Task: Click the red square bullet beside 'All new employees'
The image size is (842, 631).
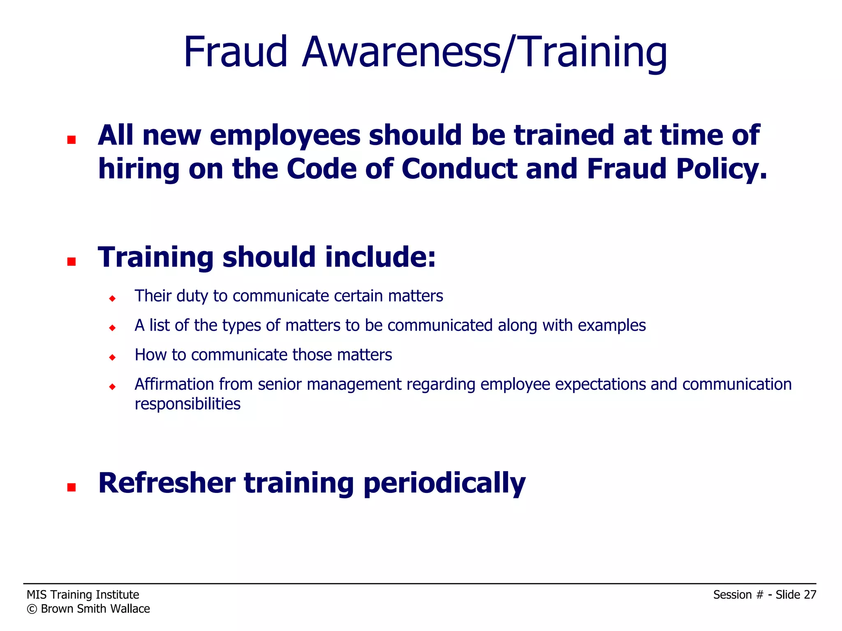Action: [72, 140]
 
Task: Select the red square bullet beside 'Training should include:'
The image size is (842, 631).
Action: [72, 262]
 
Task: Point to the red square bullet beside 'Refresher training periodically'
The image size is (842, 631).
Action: [72, 487]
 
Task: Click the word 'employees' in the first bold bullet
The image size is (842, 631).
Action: [285, 136]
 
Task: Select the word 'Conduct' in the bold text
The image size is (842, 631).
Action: [459, 169]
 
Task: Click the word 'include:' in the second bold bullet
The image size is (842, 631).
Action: [380, 257]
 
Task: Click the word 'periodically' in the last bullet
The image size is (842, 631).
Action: [444, 484]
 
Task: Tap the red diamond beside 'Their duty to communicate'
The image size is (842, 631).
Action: [112, 298]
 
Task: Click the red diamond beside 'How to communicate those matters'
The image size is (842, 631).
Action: [112, 357]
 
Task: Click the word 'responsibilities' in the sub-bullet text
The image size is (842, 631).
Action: [187, 404]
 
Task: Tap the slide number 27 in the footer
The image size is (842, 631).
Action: [810, 595]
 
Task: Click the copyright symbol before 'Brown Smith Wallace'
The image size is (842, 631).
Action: [32, 609]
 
